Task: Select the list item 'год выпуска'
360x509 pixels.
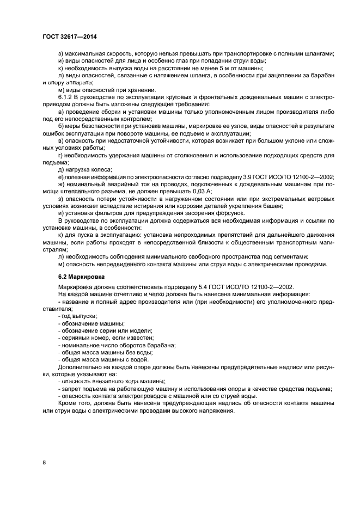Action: click(x=78, y=316)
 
